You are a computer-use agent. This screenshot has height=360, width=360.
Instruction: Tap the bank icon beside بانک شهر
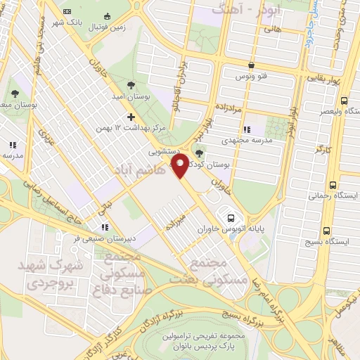(x=67, y=12)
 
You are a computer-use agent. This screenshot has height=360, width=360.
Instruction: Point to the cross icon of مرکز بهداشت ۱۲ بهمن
(x=131, y=117)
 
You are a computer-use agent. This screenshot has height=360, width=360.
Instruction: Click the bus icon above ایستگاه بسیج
(x=326, y=230)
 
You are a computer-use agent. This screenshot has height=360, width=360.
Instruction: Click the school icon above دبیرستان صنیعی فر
(x=105, y=227)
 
